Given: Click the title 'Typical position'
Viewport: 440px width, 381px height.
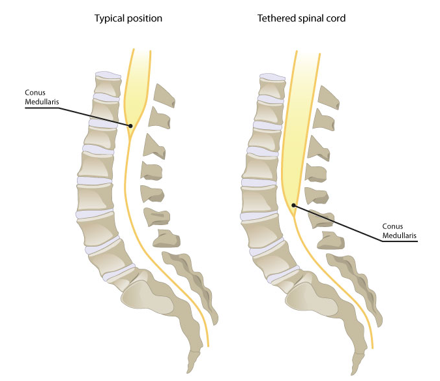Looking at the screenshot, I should [x=128, y=18].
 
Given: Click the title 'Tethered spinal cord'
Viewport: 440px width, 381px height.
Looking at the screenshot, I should [x=301, y=18].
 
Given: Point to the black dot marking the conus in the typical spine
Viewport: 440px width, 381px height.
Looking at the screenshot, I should [x=130, y=125].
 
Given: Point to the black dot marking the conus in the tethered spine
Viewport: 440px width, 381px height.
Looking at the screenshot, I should [x=293, y=206].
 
